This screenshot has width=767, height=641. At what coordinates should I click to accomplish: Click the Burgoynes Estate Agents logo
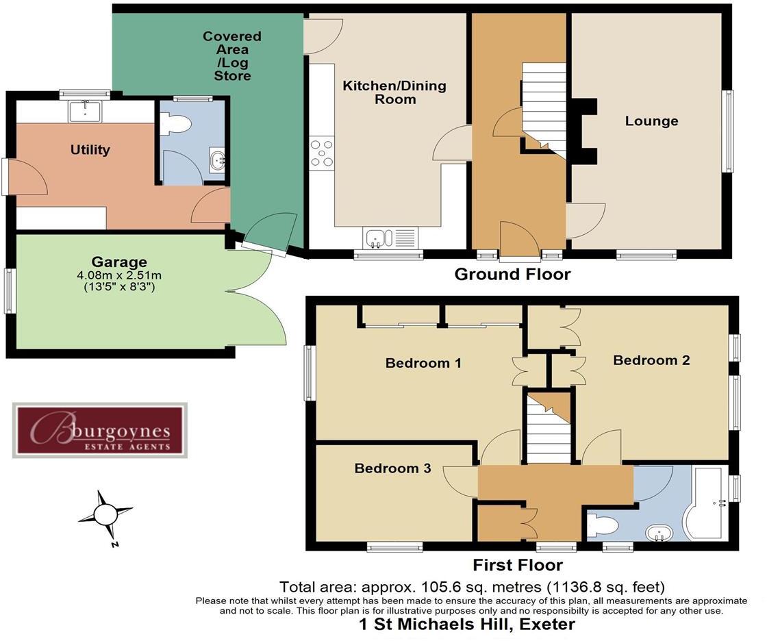[x=100, y=430]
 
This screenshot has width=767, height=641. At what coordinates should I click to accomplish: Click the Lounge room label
[x=651, y=121]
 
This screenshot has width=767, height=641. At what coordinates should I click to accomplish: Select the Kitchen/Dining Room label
[x=394, y=92]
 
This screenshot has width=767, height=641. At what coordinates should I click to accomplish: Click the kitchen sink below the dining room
[x=377, y=238]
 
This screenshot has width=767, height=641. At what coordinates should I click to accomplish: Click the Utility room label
[x=90, y=150]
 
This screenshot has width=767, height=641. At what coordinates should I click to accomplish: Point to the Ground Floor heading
[x=512, y=275]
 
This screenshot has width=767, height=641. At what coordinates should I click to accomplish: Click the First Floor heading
[x=518, y=565]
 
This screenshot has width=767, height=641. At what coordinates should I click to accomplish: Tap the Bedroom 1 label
[x=423, y=363]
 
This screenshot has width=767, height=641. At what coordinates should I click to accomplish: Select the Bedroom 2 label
[x=651, y=360]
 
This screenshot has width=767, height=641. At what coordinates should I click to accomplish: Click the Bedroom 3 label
[x=392, y=468]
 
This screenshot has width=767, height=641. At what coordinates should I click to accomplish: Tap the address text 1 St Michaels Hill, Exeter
[x=467, y=625]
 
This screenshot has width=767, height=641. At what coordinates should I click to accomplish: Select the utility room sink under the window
[x=84, y=110]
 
